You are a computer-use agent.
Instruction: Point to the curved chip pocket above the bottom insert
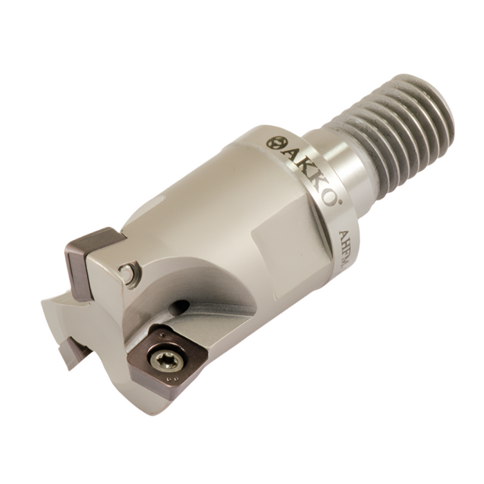207,297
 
